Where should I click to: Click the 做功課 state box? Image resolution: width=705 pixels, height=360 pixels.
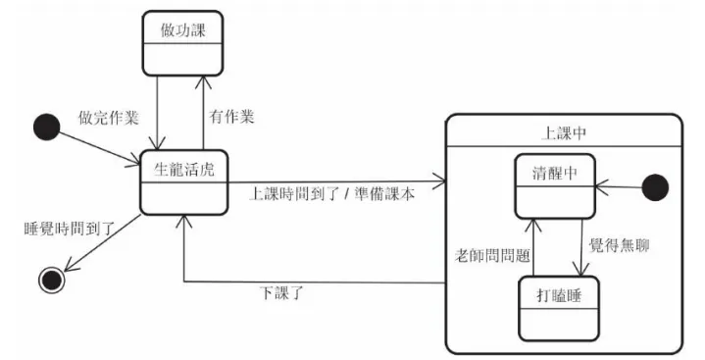[x=182, y=43]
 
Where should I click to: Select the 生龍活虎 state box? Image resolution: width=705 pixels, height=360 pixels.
[x=182, y=181]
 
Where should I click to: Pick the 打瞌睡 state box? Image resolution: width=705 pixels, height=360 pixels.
[x=558, y=305]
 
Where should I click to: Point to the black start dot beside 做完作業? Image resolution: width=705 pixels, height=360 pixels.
[x=43, y=126]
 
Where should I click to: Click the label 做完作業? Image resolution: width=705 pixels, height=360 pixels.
[x=108, y=117]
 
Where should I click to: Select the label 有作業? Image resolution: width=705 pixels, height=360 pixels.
[x=233, y=116]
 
